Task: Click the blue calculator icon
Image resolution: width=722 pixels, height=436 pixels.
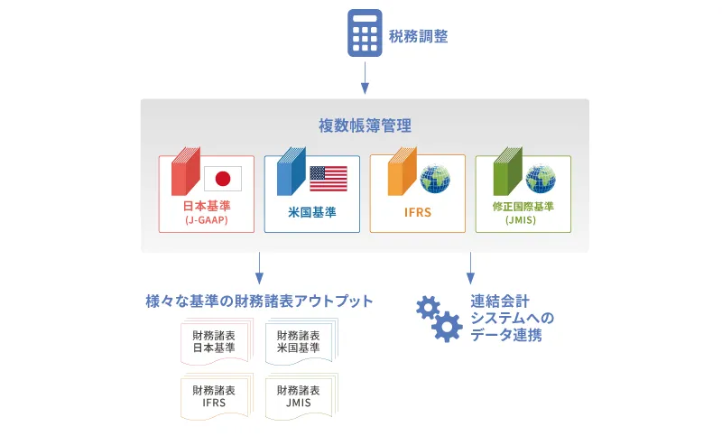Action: [365, 33]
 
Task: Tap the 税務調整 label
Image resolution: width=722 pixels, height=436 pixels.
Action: [418, 36]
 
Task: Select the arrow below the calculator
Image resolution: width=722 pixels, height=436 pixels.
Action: [365, 78]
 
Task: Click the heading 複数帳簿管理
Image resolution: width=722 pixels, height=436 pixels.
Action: [365, 125]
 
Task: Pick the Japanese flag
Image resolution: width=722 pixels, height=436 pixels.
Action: [223, 179]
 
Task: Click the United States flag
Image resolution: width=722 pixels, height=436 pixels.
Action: [329, 179]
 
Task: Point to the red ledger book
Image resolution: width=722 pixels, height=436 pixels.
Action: [186, 172]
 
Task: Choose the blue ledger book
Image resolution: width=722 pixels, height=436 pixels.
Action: [292, 172]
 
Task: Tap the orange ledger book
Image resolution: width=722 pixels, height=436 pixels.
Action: [403, 172]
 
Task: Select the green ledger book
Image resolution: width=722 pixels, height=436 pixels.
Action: [508, 172]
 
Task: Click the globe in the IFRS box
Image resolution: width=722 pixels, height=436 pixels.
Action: [435, 179]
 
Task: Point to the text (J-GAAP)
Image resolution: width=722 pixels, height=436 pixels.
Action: [207, 220]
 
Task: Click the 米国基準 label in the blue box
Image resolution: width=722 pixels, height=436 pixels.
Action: [312, 212]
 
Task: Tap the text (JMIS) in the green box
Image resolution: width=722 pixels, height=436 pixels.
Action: [521, 220]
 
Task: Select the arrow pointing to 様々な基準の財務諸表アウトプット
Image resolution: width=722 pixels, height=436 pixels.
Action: [259, 268]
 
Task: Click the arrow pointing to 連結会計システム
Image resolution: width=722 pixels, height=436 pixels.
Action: [470, 268]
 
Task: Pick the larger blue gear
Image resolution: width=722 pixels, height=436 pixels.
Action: [447, 327]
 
